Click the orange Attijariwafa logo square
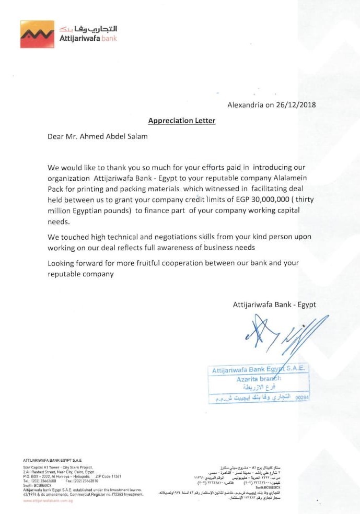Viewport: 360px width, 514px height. (37, 34)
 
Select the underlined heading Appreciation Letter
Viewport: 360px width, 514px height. (182, 121)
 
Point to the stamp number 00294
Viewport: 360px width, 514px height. (302, 398)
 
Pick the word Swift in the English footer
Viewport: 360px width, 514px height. (29, 485)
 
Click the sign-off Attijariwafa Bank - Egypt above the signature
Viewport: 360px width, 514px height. (274, 305)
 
